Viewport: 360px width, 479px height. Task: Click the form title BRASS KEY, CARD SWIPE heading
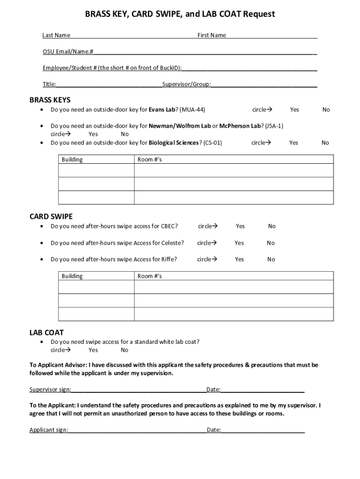[x=180, y=15]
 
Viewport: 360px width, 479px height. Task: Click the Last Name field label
[x=56, y=35]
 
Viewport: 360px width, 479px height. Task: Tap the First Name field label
[x=211, y=35]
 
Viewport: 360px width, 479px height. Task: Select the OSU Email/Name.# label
[x=68, y=51]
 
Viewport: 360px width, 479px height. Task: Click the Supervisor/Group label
[x=186, y=85]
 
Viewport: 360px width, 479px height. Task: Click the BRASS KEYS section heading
[x=50, y=100]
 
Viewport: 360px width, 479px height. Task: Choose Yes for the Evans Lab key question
[x=294, y=109]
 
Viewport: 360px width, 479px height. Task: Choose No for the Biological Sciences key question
[x=325, y=143]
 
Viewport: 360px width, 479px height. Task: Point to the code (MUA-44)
[x=192, y=109]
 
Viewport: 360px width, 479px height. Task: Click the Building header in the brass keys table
[x=72, y=160]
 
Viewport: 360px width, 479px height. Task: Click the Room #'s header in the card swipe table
[x=150, y=276]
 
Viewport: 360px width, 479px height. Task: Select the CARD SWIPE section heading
[x=51, y=216]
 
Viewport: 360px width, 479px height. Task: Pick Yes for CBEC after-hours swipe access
[x=240, y=226]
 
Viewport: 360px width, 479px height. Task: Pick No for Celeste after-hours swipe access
[x=271, y=243]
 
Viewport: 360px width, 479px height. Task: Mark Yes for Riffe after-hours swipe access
[x=239, y=259]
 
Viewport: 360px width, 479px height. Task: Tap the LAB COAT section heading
[x=47, y=333]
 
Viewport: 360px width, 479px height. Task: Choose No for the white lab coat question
[x=124, y=350]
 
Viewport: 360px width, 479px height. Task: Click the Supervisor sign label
[x=50, y=390]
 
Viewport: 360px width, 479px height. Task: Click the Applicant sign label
[x=49, y=430]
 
